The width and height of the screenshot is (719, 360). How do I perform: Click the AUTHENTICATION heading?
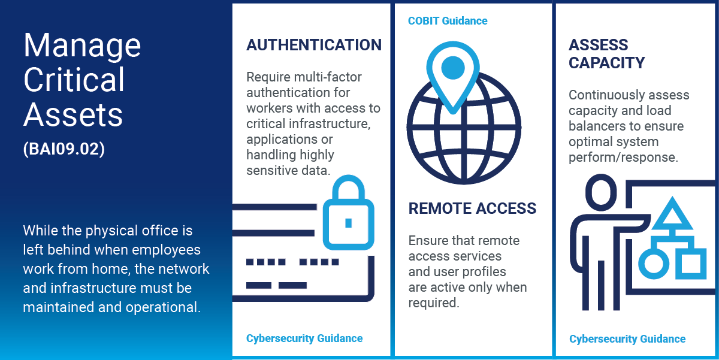pyautogui.click(x=314, y=45)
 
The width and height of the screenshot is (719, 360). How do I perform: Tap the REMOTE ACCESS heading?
pyautogui.click(x=472, y=208)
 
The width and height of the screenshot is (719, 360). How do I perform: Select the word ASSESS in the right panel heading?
pyautogui.click(x=598, y=45)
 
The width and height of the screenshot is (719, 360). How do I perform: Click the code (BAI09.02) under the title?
pyautogui.click(x=64, y=149)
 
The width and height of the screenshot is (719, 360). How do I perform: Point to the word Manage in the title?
pyautogui.click(x=82, y=46)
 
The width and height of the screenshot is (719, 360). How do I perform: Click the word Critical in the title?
pyautogui.click(x=74, y=80)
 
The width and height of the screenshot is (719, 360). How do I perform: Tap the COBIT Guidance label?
pyautogui.click(x=448, y=21)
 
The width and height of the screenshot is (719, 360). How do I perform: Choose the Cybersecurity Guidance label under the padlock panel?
pyautogui.click(x=304, y=338)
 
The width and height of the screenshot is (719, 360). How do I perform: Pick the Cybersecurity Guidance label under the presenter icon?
pyautogui.click(x=627, y=339)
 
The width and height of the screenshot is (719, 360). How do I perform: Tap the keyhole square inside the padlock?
pyautogui.click(x=348, y=223)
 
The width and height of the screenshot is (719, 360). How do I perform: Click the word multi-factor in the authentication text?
pyautogui.click(x=328, y=77)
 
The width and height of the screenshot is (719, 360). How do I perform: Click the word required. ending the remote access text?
pyautogui.click(x=434, y=303)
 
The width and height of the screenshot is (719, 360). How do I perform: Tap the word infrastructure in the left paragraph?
pyautogui.click(x=87, y=288)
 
